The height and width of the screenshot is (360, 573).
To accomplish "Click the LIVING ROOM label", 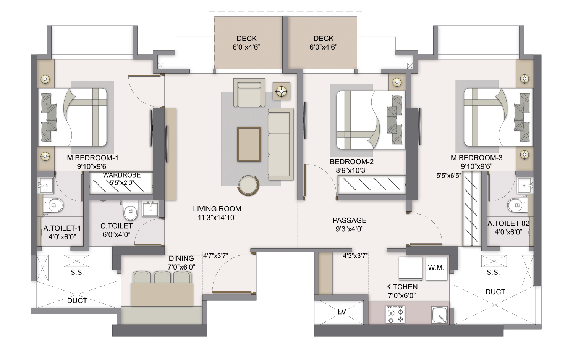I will (x=217, y=209).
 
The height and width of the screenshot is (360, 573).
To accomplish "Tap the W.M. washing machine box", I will (x=436, y=268).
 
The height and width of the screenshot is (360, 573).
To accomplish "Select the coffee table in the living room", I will (x=249, y=144).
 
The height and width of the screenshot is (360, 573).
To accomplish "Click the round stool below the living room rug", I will (x=249, y=185).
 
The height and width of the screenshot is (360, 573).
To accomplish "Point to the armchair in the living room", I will (x=249, y=93).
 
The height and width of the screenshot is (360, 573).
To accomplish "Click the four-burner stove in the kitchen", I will (x=395, y=314).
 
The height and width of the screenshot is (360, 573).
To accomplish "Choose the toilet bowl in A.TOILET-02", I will (x=515, y=206).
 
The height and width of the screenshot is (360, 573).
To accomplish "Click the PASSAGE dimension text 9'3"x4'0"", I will (x=349, y=229).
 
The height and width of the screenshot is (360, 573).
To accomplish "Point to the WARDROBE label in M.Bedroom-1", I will (x=121, y=175).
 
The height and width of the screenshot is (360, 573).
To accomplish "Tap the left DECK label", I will (x=246, y=39).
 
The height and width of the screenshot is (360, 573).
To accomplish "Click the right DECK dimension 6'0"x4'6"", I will (x=323, y=47).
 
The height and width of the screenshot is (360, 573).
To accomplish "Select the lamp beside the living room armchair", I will (x=282, y=90).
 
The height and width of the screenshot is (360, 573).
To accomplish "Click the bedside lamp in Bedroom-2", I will (x=397, y=82).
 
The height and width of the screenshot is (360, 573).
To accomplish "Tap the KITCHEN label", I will (x=401, y=287).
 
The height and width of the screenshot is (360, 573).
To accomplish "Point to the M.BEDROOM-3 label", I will (x=476, y=158).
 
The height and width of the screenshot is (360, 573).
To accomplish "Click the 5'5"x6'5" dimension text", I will (x=449, y=176).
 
